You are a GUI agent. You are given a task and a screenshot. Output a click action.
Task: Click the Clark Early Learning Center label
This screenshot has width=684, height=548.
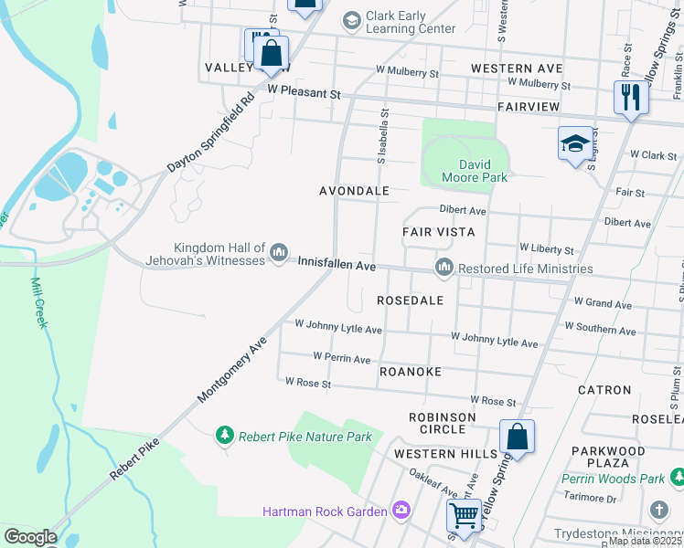click(x=410, y=22)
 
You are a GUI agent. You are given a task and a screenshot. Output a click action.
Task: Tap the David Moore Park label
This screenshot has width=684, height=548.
click(x=475, y=171)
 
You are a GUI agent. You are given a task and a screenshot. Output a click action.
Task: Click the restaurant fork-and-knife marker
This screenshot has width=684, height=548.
click(x=630, y=98)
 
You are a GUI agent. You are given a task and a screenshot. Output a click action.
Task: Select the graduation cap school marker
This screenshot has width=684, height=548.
click(x=575, y=143)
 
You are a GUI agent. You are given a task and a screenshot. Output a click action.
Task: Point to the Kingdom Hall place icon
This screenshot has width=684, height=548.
click(x=280, y=251)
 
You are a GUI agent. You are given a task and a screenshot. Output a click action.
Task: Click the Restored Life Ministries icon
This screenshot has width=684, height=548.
click(x=444, y=268)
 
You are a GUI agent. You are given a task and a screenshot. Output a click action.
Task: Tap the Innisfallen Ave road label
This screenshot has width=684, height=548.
click(x=337, y=264)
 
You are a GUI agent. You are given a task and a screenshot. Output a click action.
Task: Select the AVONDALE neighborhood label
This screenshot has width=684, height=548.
click(x=354, y=191)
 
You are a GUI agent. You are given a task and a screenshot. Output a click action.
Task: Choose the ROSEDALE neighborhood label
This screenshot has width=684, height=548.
click(x=410, y=300)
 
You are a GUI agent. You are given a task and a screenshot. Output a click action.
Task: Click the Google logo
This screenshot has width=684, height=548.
click(x=30, y=537)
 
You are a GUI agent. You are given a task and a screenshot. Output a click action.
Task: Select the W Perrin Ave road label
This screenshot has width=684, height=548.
click(x=341, y=358)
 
